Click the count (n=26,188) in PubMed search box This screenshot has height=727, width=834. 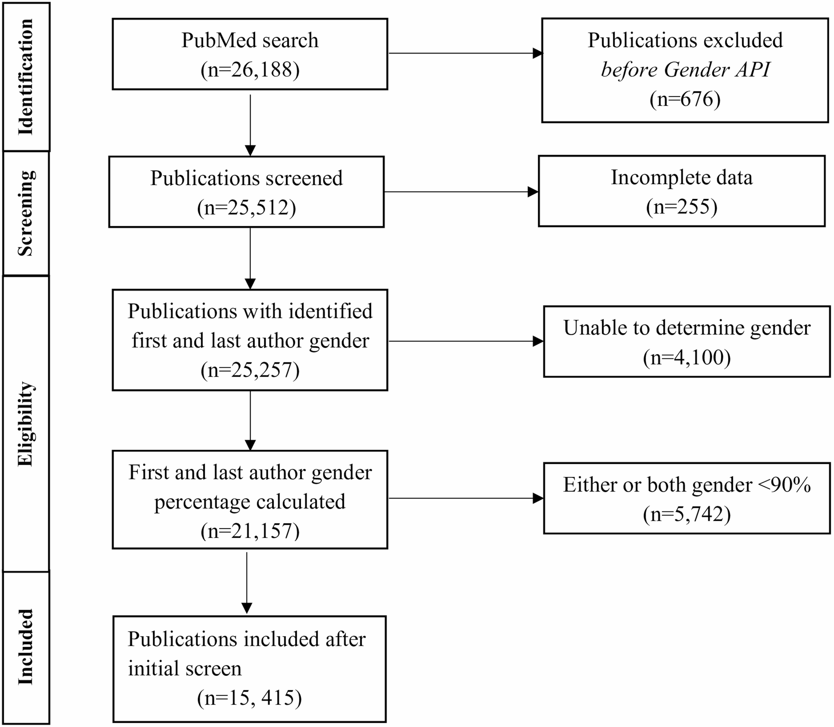point(250,70)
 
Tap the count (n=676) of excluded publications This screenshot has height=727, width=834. point(685,99)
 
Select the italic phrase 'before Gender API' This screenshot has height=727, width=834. point(685,69)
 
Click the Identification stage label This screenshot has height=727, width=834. point(26,77)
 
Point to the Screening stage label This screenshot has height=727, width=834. point(26,213)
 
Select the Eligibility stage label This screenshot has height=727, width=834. point(26,424)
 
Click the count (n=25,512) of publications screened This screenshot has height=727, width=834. point(247,207)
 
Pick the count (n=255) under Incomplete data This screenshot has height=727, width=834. point(681,207)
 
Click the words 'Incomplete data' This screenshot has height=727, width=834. point(681,177)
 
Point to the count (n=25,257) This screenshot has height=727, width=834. point(250,370)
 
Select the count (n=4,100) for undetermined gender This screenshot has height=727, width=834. point(687,357)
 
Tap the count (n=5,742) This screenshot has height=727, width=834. point(687,514)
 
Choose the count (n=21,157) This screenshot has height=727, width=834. point(250,531)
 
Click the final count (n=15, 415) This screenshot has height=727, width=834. point(249,698)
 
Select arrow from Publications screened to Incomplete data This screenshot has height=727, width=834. point(460,192)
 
